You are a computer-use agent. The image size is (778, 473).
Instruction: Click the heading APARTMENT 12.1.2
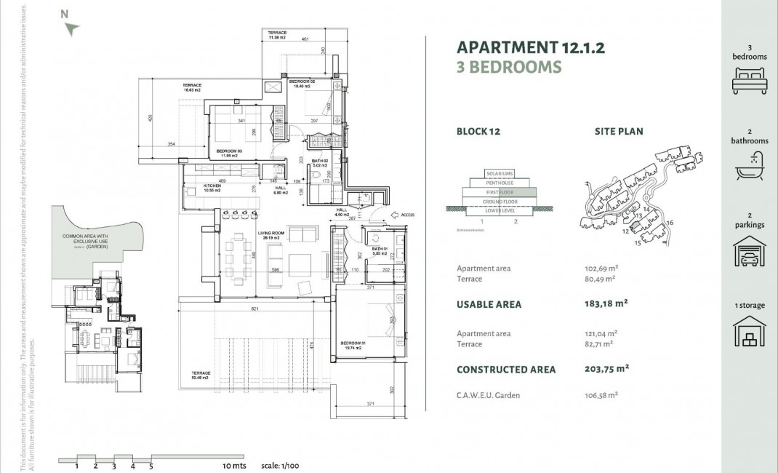point(530,48)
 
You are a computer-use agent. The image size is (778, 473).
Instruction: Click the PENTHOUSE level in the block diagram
point(500,183)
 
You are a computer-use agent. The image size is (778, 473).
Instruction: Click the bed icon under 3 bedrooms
point(750,79)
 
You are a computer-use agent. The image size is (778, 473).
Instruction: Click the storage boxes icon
point(750,334)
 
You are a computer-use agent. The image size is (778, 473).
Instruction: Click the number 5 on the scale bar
point(151,466)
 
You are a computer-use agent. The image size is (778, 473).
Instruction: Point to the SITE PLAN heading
point(619,132)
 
